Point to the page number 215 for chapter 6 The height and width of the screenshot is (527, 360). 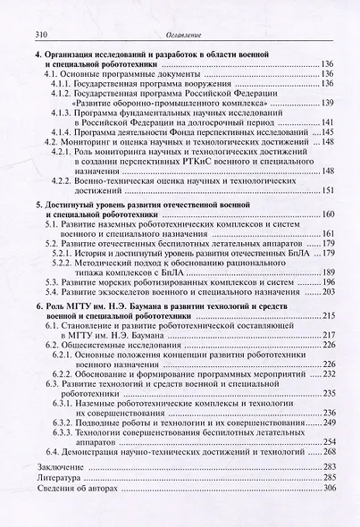point(327,317)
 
